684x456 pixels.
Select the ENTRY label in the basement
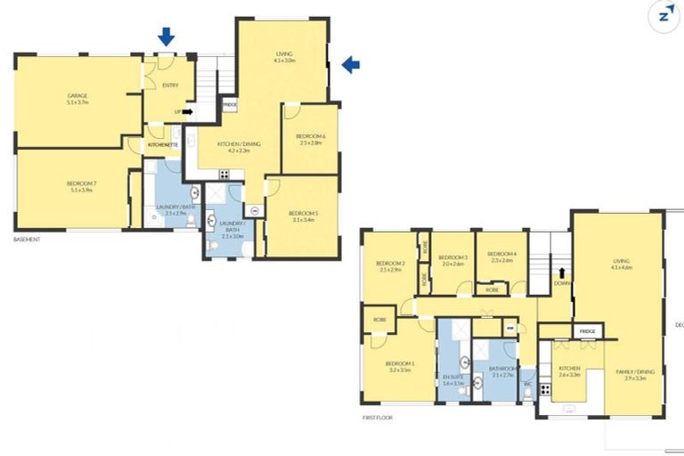170,85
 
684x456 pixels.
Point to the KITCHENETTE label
164,143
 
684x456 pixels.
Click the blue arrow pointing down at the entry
166,37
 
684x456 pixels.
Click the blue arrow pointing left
351,64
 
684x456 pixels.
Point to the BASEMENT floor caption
27,240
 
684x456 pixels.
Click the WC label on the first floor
527,385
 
